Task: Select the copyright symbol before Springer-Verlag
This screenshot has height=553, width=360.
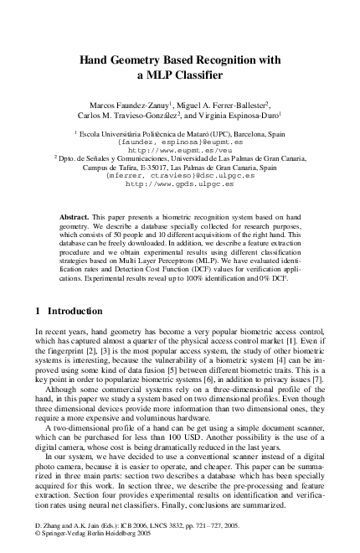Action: tap(37, 543)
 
